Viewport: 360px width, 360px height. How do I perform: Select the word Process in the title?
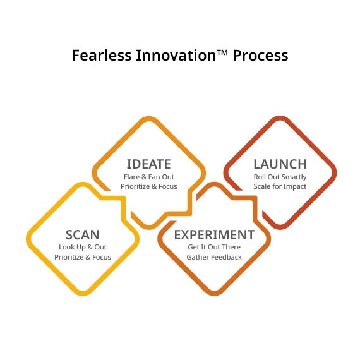coord(260,56)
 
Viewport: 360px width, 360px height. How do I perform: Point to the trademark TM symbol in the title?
coord(222,52)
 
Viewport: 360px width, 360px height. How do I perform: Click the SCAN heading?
coord(83,235)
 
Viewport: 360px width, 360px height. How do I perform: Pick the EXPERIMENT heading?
coord(214,235)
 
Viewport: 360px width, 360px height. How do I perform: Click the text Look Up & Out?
coord(83,247)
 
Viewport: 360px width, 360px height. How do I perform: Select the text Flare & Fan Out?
coord(149,177)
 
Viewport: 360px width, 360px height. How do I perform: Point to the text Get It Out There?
coord(214,247)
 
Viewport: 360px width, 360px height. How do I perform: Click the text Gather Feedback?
coord(214,257)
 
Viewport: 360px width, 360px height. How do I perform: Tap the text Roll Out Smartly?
coord(280,177)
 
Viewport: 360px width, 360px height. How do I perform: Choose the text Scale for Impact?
coord(280,187)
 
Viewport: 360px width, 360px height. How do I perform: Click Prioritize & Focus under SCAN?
coord(83,257)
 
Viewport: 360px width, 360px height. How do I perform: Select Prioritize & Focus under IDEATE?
coord(149,187)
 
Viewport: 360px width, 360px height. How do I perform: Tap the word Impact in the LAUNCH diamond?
coord(294,187)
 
